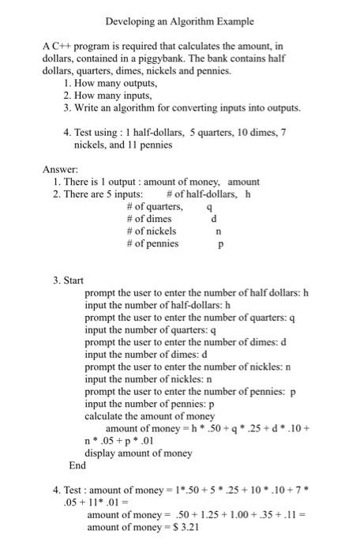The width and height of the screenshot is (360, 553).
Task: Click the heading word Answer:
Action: coord(61,169)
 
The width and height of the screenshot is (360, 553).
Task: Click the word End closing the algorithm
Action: coord(77,465)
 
